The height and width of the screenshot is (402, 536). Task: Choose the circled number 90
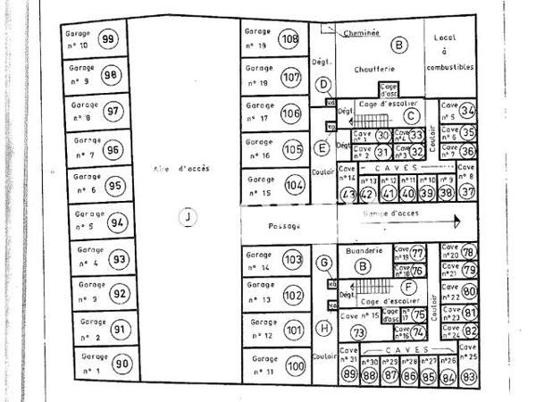point(122,364)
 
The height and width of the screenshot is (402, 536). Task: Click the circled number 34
point(468,111)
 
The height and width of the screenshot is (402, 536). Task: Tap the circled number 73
point(358,332)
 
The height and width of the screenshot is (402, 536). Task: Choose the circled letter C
point(410,114)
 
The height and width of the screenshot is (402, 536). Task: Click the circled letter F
point(407,288)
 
